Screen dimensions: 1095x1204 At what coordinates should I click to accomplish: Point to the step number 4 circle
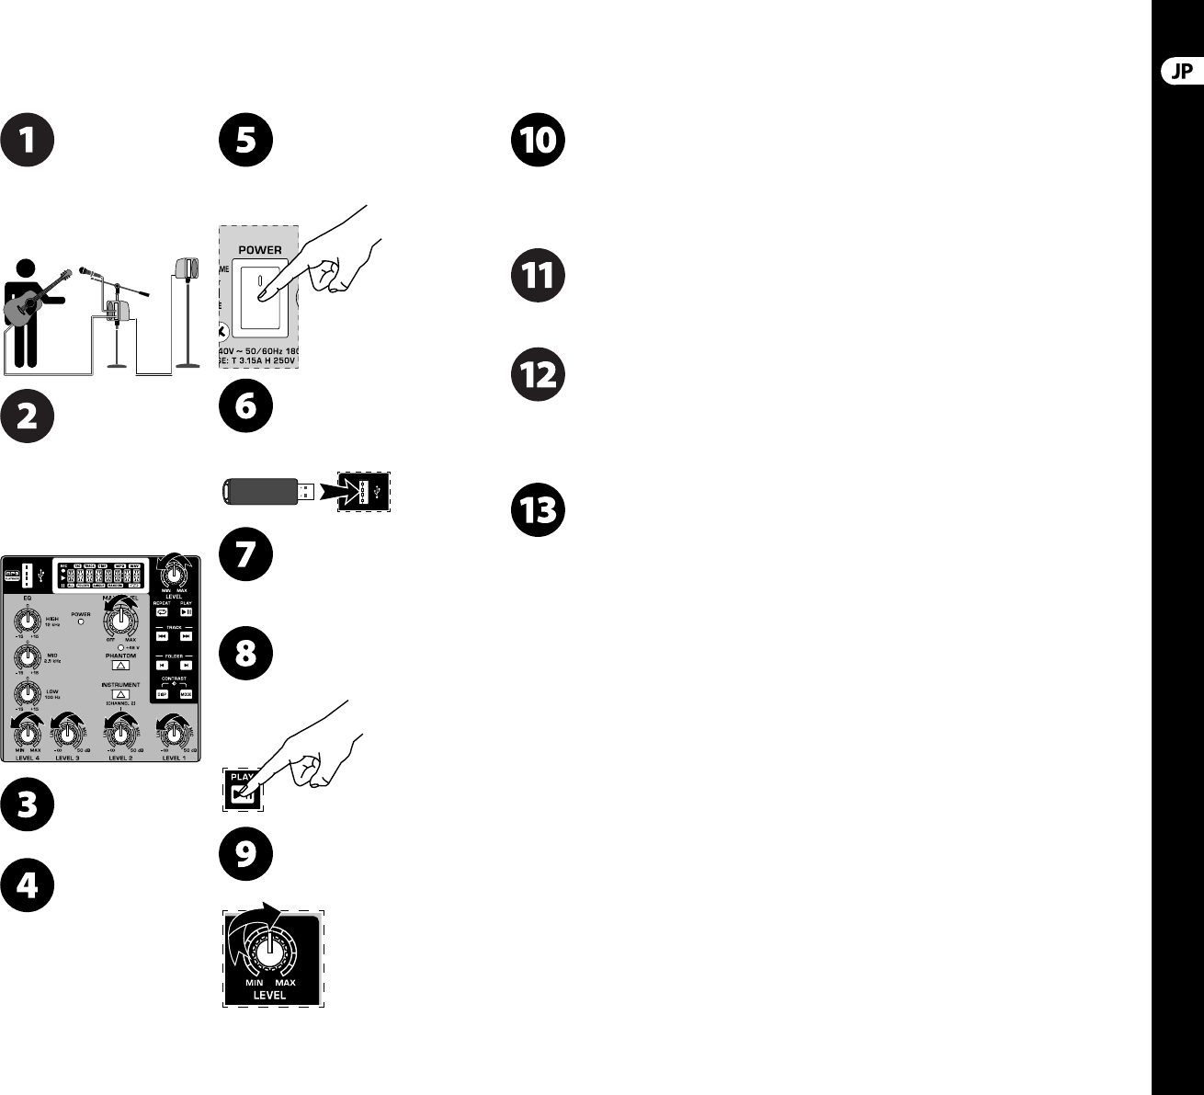click(x=28, y=885)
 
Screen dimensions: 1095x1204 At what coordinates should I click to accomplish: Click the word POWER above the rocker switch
click(x=261, y=250)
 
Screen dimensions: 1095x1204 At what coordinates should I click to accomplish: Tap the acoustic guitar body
click(x=24, y=307)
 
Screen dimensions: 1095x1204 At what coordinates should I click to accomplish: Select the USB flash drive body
click(x=257, y=491)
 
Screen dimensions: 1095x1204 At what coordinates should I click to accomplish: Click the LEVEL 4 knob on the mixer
click(x=28, y=733)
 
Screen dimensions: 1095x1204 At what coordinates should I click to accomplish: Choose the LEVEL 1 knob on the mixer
click(x=172, y=733)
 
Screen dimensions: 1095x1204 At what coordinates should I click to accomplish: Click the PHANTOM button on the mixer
click(x=119, y=665)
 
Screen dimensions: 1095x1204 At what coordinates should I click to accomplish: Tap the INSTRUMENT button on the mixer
click(x=119, y=694)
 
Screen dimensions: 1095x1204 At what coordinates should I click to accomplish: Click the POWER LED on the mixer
click(x=81, y=622)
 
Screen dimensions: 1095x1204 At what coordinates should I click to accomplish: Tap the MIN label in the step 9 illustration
click(x=254, y=983)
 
